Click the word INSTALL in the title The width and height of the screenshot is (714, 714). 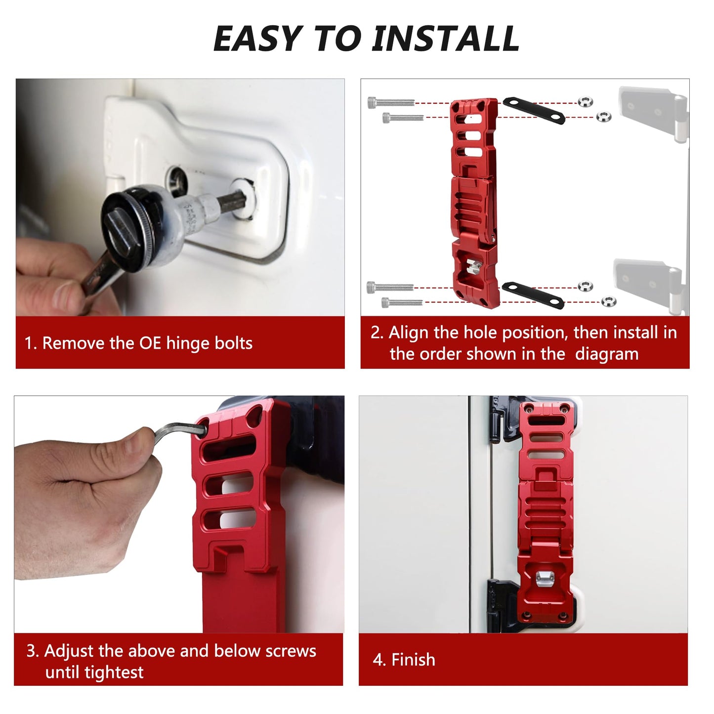pyautogui.click(x=445, y=39)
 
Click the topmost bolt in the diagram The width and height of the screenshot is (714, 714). pyautogui.click(x=391, y=102)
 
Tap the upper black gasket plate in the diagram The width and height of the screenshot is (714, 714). pyautogui.click(x=534, y=110)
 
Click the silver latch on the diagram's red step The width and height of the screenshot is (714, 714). pyautogui.click(x=474, y=266)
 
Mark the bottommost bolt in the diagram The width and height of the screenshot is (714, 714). pyautogui.click(x=402, y=302)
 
